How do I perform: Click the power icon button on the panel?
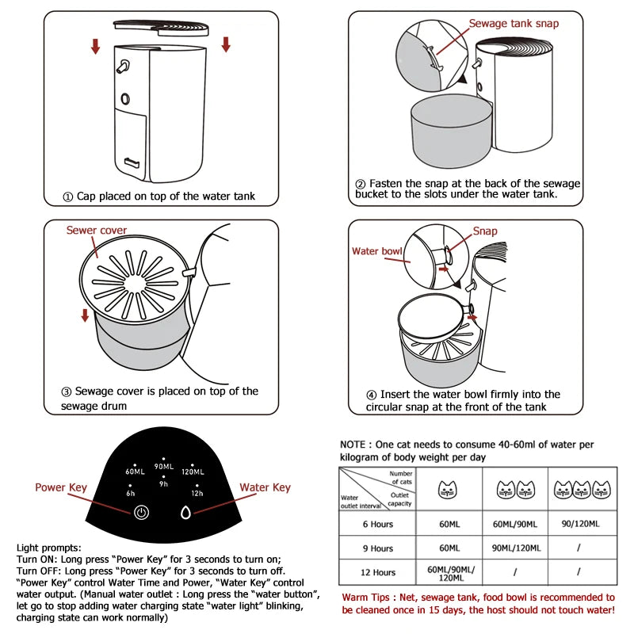click(141, 511)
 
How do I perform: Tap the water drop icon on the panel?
click(186, 511)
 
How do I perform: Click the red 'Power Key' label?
click(60, 487)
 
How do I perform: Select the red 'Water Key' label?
click(265, 487)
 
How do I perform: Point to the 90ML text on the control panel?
click(164, 467)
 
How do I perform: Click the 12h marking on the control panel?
click(197, 492)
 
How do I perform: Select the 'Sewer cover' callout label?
click(96, 231)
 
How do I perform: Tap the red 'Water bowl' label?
click(377, 251)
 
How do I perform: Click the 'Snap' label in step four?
click(485, 231)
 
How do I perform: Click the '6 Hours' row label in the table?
click(377, 524)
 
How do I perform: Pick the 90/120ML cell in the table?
click(579, 524)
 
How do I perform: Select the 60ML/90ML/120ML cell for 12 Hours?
click(449, 571)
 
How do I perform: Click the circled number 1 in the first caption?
click(68, 197)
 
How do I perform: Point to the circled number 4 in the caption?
click(371, 394)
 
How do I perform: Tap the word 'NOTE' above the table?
click(353, 445)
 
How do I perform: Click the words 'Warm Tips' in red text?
click(369, 598)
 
